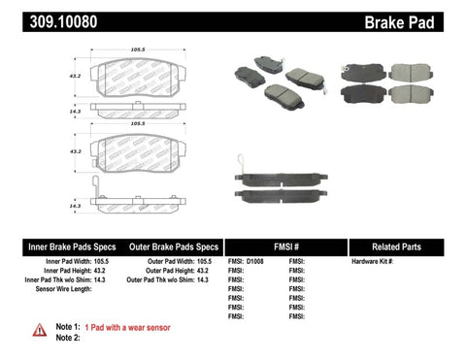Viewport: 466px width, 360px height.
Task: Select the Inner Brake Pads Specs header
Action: (x=57, y=246)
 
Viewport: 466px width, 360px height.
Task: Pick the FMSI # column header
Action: (x=282, y=246)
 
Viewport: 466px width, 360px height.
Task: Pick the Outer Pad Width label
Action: (x=163, y=262)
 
